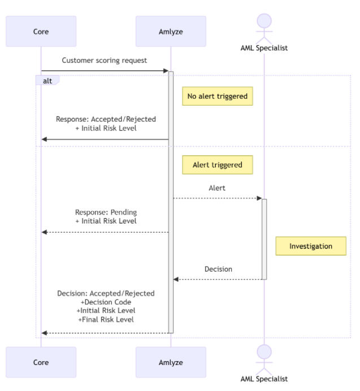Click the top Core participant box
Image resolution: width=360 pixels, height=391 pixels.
click(41, 31)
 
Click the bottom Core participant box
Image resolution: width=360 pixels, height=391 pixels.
click(41, 362)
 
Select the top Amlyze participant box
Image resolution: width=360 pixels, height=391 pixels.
click(171, 31)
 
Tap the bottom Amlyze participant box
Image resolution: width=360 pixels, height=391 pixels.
click(171, 362)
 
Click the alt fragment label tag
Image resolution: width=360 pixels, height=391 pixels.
click(47, 81)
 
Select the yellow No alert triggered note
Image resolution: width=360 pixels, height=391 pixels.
click(217, 96)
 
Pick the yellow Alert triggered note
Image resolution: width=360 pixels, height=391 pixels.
click(217, 165)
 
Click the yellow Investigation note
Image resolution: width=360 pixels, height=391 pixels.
click(310, 246)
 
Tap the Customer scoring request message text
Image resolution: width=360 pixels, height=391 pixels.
click(104, 60)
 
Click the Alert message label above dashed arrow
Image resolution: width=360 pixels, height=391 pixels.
click(217, 188)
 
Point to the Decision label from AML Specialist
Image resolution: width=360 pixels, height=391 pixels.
click(218, 269)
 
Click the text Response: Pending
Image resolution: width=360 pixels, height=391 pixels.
click(106, 212)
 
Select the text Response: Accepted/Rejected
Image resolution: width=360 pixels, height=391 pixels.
click(106, 119)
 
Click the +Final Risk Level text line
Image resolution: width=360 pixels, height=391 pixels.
click(106, 319)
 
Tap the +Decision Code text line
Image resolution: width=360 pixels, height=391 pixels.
click(106, 302)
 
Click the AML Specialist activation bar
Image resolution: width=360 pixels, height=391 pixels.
click(264, 238)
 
